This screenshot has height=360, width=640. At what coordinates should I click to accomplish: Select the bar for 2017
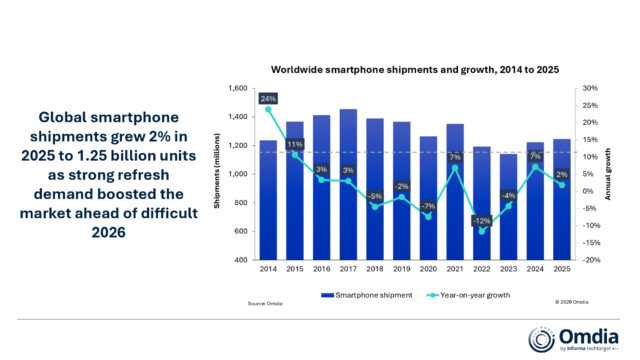[349, 190]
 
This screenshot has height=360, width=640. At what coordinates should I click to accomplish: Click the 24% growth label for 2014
[268, 98]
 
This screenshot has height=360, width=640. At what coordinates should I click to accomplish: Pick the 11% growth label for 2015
[295, 144]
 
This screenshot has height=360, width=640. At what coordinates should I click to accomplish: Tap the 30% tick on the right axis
[591, 89]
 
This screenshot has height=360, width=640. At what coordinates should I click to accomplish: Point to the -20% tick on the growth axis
[592, 260]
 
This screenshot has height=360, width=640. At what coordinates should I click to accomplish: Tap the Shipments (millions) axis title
[217, 175]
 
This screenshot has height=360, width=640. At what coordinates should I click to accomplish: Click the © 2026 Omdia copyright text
[572, 301]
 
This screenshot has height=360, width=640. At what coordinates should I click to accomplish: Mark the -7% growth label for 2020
[429, 205]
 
